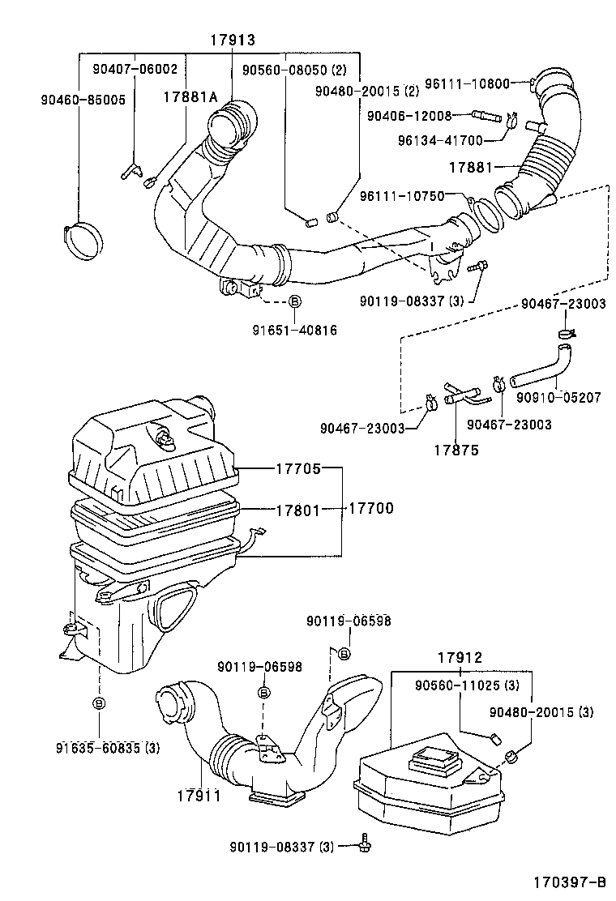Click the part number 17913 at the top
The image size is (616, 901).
coord(233,39)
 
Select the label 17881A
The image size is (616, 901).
coord(190,98)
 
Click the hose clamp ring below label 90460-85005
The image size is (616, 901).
coord(84,236)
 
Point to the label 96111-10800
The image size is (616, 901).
coord(481,83)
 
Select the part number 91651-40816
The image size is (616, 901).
coord(294,330)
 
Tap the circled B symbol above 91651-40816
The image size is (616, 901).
coord(295,301)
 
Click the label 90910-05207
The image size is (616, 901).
coord(559,397)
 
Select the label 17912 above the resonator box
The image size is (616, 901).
coord(460,659)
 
